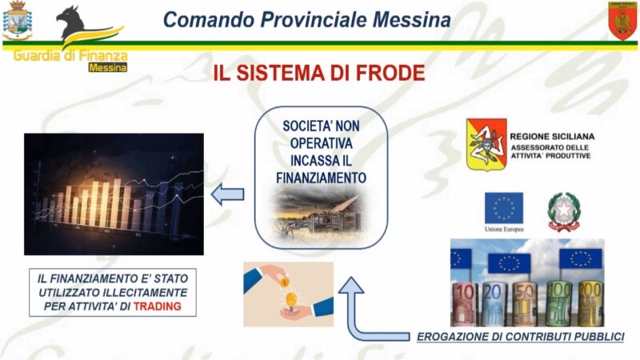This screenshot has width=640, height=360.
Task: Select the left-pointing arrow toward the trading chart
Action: click(x=229, y=193)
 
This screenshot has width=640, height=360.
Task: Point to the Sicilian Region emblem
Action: click(x=486, y=144)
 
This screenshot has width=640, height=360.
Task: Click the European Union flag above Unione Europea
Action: click(x=502, y=209)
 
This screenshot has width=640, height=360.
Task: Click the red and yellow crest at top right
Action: click(x=621, y=21)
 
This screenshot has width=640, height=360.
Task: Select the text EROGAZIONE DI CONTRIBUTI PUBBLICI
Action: click(x=520, y=337)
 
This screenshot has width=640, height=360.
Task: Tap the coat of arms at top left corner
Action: click(x=18, y=22)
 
